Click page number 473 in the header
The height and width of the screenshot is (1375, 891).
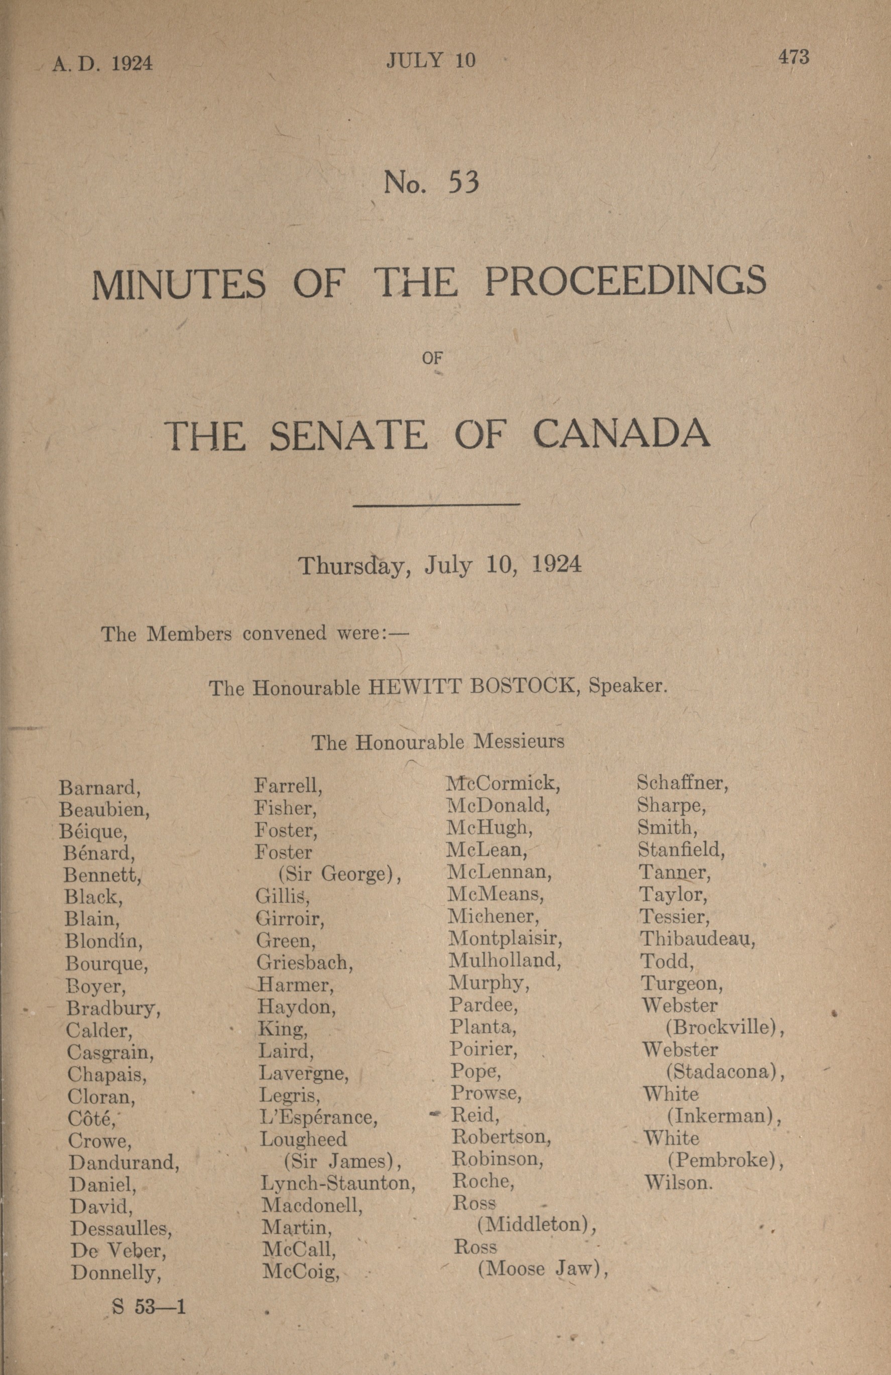793,57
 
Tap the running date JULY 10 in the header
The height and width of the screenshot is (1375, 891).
431,61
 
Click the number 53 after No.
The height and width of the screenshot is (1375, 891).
463,183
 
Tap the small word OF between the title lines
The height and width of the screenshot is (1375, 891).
432,357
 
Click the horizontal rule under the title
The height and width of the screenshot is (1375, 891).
436,505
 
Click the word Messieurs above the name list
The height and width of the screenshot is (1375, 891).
519,741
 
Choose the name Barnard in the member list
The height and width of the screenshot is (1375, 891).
100,788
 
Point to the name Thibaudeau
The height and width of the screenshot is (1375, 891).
697,939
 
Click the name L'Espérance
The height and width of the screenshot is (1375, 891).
318,1117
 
